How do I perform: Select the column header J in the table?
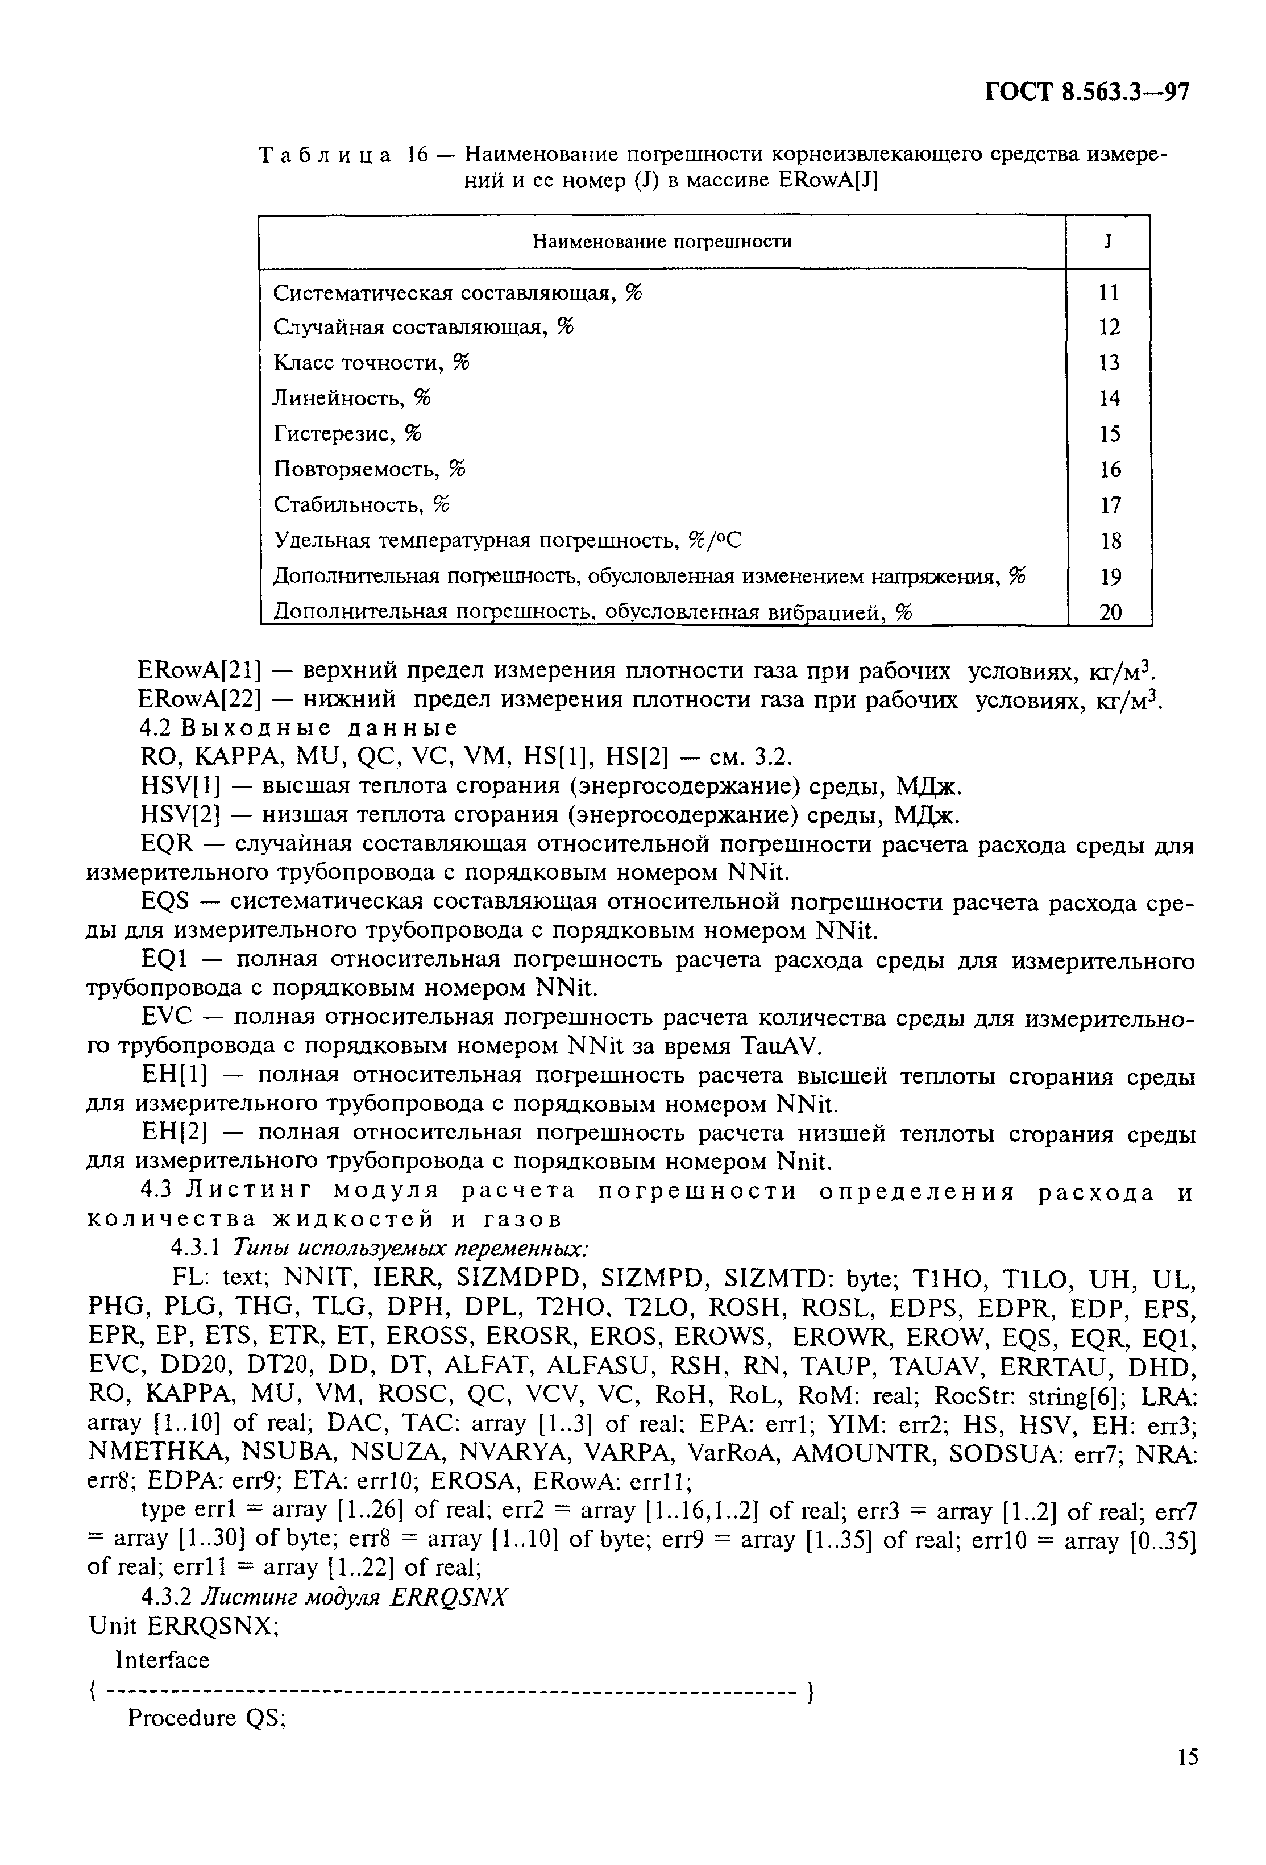pyautogui.click(x=1107, y=242)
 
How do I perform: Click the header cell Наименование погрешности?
pyautogui.click(x=662, y=242)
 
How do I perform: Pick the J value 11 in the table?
pyautogui.click(x=1108, y=293)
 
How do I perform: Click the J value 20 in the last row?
pyautogui.click(x=1110, y=613)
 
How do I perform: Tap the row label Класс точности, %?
pyautogui.click(x=371, y=363)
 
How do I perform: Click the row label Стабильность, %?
pyautogui.click(x=362, y=505)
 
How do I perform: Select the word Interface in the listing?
pyautogui.click(x=162, y=1660)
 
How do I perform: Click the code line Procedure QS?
pyautogui.click(x=207, y=1718)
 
